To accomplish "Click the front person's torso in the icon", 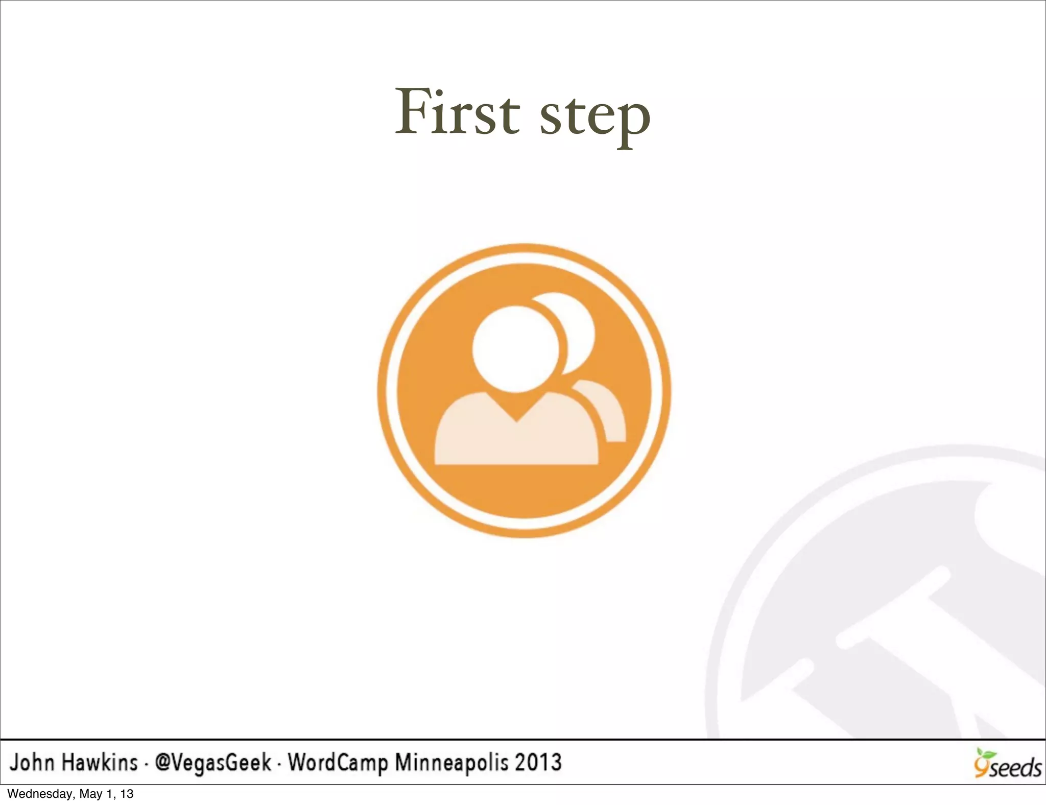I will (x=516, y=439).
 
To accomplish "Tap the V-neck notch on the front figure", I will (x=516, y=409).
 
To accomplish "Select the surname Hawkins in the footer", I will (x=100, y=762).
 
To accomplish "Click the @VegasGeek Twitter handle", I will (x=213, y=763).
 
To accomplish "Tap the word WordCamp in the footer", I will (x=338, y=763).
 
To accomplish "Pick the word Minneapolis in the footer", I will (x=451, y=763).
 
